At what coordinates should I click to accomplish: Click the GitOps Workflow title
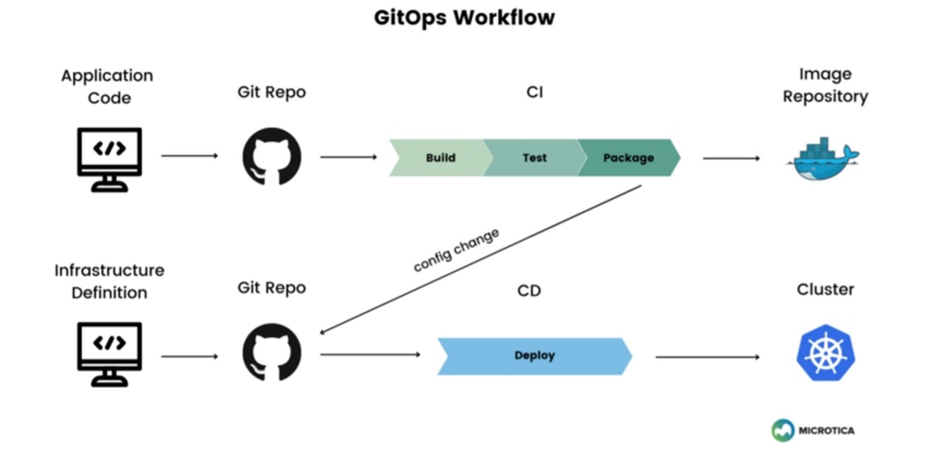click(464, 18)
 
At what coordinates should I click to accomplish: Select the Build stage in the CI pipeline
click(440, 158)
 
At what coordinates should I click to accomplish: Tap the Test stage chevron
click(534, 158)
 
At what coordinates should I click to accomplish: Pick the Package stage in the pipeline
click(628, 158)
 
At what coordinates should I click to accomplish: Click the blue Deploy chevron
click(534, 356)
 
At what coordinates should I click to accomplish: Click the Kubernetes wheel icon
click(825, 353)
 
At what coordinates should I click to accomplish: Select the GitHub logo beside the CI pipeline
click(272, 156)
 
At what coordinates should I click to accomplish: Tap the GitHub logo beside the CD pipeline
click(272, 352)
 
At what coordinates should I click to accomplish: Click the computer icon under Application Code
click(109, 159)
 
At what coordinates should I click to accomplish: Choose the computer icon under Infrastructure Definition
click(109, 353)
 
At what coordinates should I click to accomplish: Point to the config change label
click(456, 250)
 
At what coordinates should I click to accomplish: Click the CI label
click(534, 92)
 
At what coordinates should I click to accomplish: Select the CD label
click(529, 290)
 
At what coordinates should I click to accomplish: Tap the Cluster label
click(825, 289)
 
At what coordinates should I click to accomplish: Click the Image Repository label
click(825, 85)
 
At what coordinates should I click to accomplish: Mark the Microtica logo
click(812, 430)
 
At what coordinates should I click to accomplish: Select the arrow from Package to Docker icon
click(731, 158)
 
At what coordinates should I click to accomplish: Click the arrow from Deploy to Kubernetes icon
click(707, 357)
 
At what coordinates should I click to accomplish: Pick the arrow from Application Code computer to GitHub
click(189, 156)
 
